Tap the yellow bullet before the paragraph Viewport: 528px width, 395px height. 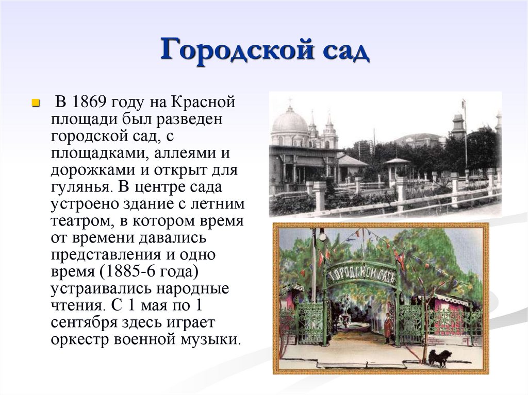pyautogui.click(x=36, y=102)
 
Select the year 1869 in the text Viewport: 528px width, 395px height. pyautogui.click(x=90, y=102)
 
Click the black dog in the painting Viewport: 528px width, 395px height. pyautogui.click(x=439, y=357)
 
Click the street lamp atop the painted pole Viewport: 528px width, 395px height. pyautogui.click(x=322, y=235)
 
